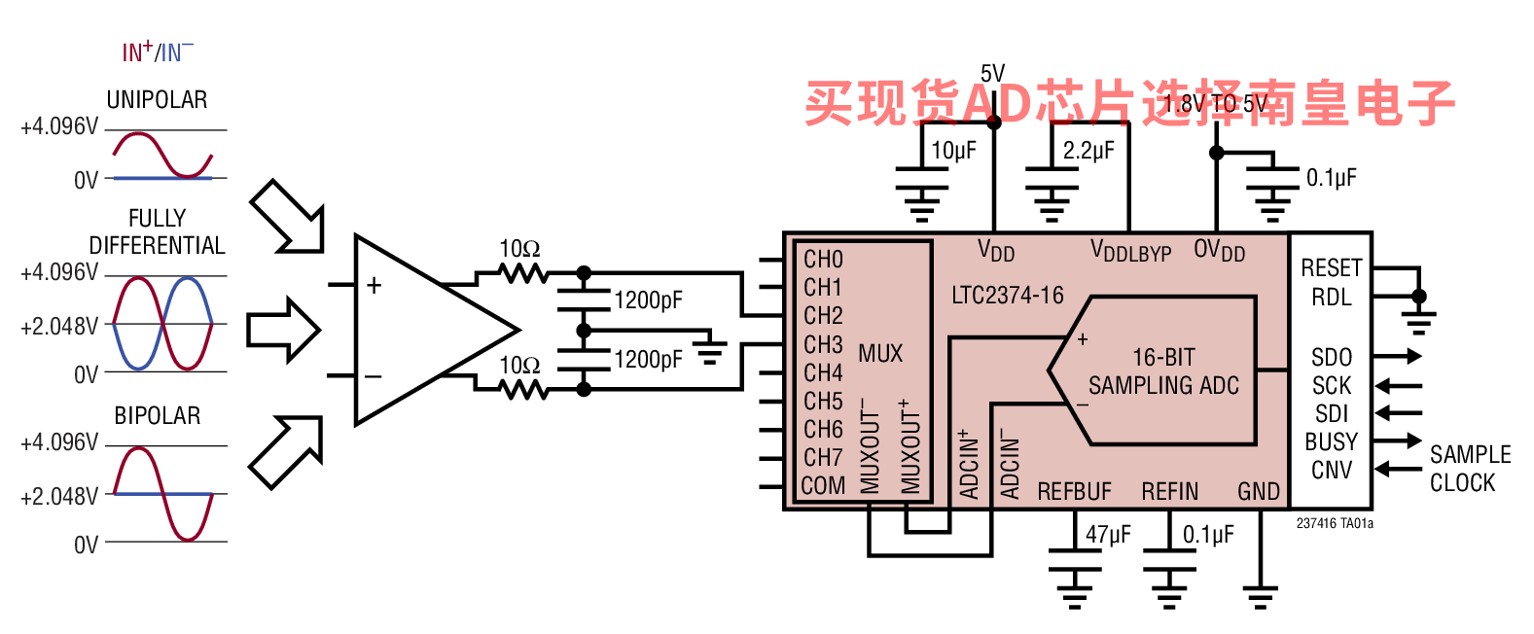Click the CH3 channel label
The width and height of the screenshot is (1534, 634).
tap(823, 344)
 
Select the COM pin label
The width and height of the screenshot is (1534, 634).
tap(823, 485)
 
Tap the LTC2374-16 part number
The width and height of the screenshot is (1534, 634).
tap(1008, 295)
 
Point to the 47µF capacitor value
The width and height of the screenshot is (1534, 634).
tap(1108, 533)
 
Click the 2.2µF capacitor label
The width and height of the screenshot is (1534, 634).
tap(1088, 150)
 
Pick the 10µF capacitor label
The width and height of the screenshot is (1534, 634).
tap(953, 150)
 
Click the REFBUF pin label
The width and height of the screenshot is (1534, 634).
tap(1074, 492)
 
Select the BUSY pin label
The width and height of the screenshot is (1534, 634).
tap(1331, 441)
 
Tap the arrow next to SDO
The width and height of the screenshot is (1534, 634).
tap(1398, 356)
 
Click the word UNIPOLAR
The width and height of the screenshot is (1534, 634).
tap(157, 100)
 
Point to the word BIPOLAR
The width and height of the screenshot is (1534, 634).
tap(158, 415)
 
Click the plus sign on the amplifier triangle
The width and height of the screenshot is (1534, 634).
tap(374, 285)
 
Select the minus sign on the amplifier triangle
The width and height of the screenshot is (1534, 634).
tap(374, 376)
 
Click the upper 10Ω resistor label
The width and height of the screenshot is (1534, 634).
tap(519, 249)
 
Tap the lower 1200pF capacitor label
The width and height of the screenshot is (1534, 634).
tap(648, 360)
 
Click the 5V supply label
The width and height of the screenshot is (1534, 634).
tap(992, 73)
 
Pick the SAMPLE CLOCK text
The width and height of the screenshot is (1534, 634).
tap(1470, 469)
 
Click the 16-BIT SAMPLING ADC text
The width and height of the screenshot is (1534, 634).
tap(1163, 371)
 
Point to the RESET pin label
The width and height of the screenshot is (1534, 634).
tap(1332, 267)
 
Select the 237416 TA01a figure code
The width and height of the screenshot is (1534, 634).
tap(1334, 523)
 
